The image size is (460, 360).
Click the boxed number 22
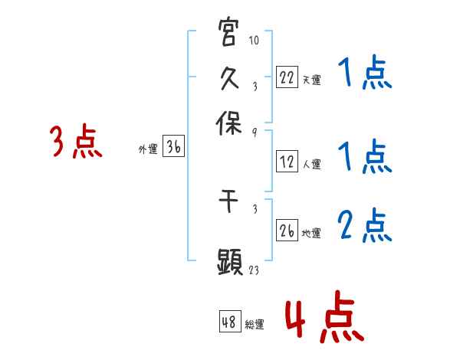pos(287,77)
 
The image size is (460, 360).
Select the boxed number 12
pos(287,162)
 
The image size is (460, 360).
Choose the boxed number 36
pos(173,149)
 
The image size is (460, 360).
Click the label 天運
pos(311,79)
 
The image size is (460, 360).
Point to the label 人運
pos(311,163)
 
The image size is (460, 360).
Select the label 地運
pos(311,233)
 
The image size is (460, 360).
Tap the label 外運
pos(148,150)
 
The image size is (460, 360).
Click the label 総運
pos(255,324)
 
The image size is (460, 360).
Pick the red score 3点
pos(76,142)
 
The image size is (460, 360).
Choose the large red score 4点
pos(325,318)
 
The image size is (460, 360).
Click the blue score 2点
pos(365,224)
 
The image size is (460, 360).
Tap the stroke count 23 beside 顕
pos(255,270)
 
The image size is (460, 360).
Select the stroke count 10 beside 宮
pos(255,40)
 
